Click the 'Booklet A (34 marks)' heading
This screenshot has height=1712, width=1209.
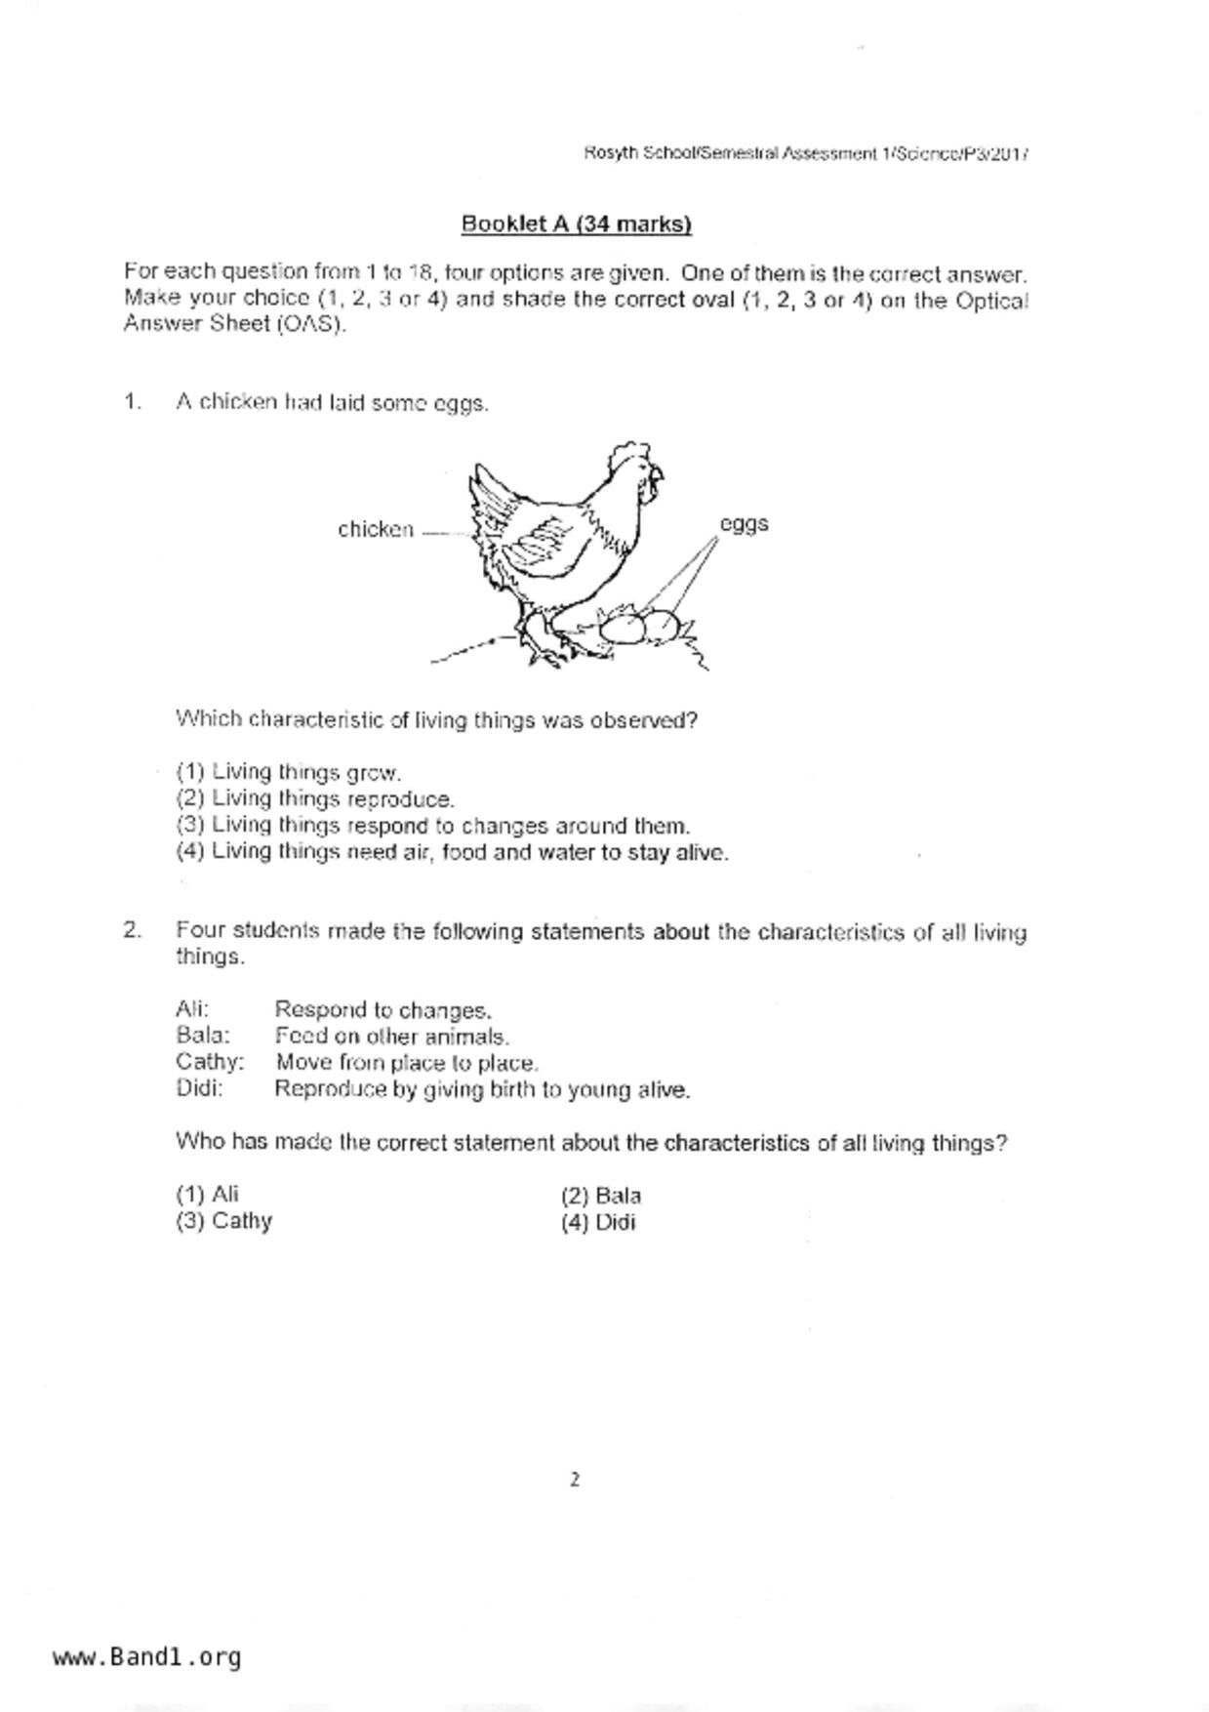pos(576,224)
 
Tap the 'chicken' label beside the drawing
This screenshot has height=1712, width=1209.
pos(376,530)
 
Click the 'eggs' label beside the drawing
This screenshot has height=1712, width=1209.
pos(744,524)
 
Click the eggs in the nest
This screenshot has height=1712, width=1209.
pos(638,627)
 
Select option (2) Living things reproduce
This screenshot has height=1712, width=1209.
pos(315,799)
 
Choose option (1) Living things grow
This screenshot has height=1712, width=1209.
pos(289,773)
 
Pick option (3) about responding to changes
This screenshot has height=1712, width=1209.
pos(432,826)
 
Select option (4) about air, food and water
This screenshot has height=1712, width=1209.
pos(452,852)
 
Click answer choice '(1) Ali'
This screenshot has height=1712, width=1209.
pos(208,1195)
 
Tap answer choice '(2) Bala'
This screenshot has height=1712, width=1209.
pos(601,1196)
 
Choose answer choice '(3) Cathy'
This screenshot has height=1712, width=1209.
pos(224,1221)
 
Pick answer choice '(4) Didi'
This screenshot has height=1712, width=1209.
pos(598,1222)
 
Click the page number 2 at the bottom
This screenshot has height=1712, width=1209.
pos(575,1480)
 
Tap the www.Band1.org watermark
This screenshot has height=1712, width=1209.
pos(147,1656)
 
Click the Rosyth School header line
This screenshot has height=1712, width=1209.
pos(806,153)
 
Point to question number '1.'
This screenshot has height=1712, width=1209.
pos(133,402)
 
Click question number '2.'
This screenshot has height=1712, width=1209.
pos(133,930)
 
